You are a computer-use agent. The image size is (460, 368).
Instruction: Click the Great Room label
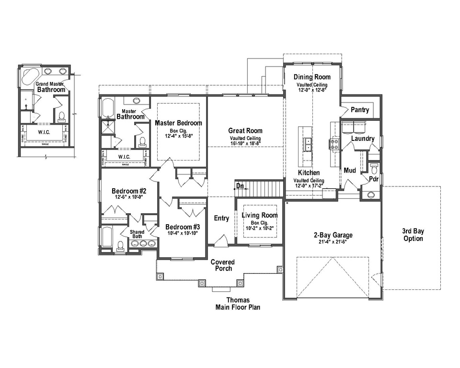pos(245,130)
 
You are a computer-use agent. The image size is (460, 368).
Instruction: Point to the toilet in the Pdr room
pos(375,168)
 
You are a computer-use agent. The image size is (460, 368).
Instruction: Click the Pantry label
pos(360,110)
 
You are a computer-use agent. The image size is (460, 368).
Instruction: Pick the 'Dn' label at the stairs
pos(240,186)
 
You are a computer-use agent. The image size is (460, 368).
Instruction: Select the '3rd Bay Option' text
pos(413,235)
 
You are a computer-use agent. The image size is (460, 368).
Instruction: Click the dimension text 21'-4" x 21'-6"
pos(333,242)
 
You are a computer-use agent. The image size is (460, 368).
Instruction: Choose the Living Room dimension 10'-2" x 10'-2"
pos(259,228)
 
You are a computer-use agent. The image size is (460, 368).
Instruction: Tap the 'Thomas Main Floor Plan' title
pos(238,304)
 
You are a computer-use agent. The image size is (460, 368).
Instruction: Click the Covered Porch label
pos(223,265)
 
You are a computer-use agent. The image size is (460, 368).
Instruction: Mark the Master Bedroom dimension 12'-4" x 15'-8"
pos(178,136)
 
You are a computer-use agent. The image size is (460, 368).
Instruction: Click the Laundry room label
pos(362,138)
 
